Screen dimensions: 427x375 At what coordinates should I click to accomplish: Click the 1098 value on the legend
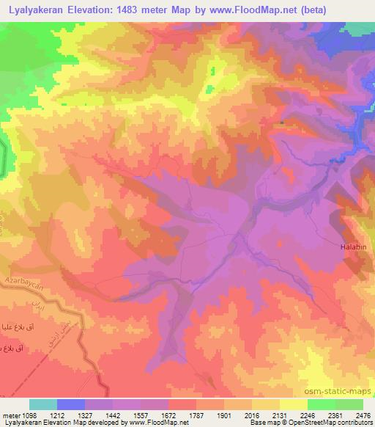(26, 415)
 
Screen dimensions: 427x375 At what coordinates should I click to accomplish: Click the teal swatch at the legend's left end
(43, 404)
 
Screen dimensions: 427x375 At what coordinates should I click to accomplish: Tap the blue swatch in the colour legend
(71, 404)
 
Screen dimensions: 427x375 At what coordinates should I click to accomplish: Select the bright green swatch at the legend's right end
(349, 404)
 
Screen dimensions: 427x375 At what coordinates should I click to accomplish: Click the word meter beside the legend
(9, 415)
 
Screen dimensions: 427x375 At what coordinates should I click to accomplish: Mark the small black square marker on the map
(283, 123)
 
